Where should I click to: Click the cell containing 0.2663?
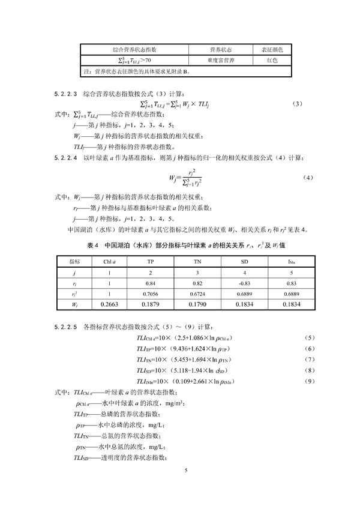(x=109, y=305)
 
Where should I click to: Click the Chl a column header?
(x=109, y=262)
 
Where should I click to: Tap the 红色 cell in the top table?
(x=272, y=60)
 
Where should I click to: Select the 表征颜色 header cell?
(x=272, y=49)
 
